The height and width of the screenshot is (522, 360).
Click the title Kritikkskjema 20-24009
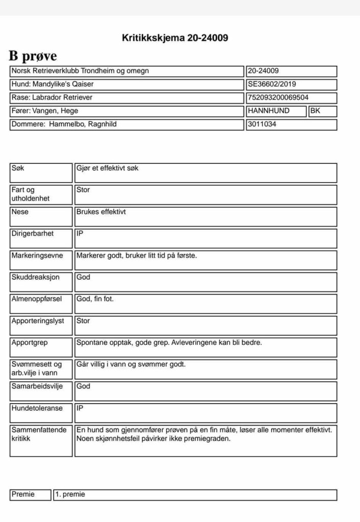tap(175, 38)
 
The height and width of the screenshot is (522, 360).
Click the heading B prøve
tap(33, 56)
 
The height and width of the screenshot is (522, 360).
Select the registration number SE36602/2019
tap(272, 84)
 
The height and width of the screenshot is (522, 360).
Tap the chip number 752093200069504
tap(278, 97)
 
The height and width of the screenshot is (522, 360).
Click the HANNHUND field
tap(269, 111)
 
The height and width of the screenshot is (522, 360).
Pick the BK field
tap(315, 111)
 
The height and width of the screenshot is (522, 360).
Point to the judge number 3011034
tap(262, 124)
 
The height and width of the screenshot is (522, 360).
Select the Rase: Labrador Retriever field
tap(52, 97)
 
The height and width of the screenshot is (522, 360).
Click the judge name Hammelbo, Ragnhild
tap(83, 124)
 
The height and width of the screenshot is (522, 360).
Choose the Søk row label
tap(17, 168)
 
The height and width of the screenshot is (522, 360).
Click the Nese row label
tap(20, 212)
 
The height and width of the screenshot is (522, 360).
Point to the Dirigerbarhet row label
tap(33, 234)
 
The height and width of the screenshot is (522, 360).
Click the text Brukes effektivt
tap(101, 212)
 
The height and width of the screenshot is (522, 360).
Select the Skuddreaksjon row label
tap(36, 277)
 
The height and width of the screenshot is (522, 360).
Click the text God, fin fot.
tap(95, 299)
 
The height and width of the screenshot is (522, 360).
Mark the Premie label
tap(23, 494)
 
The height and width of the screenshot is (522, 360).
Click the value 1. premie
tap(70, 494)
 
